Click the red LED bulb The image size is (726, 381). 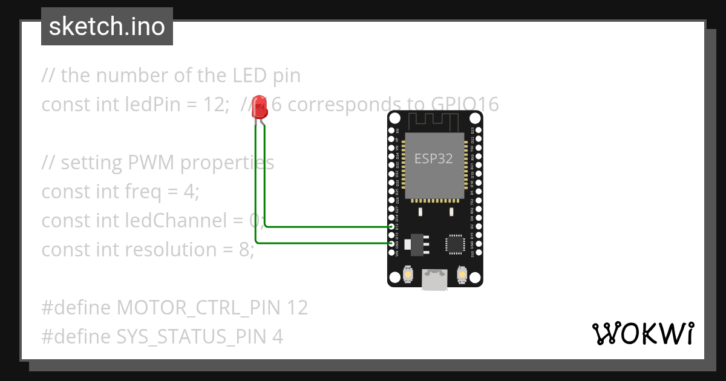[x=260, y=107]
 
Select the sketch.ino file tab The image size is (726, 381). [x=107, y=27]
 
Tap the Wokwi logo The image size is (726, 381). [x=643, y=333]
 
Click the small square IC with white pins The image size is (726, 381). [x=455, y=243]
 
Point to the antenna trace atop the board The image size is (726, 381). [x=435, y=120]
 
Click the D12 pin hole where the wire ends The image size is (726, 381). [x=391, y=227]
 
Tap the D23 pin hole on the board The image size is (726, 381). [x=479, y=130]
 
